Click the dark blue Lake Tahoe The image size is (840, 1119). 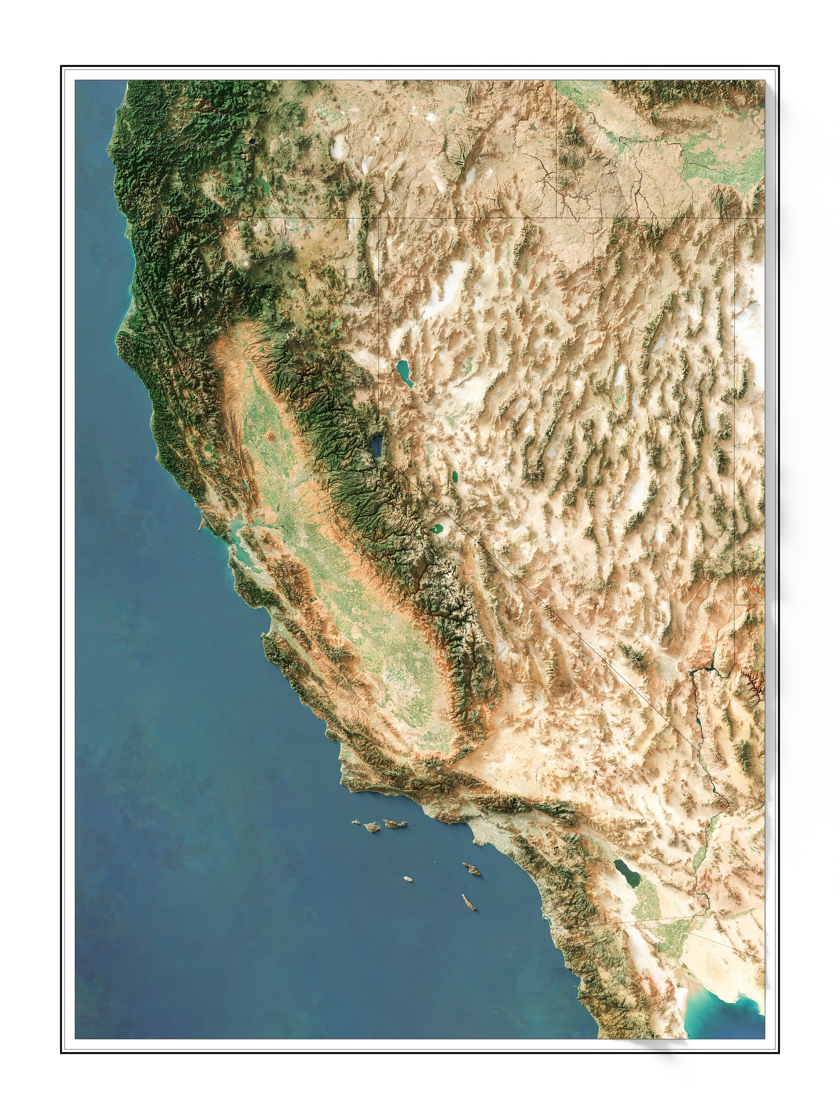click(x=377, y=445)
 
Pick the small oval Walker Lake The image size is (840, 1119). click(x=455, y=477)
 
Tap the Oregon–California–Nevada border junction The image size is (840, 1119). click(x=380, y=218)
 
